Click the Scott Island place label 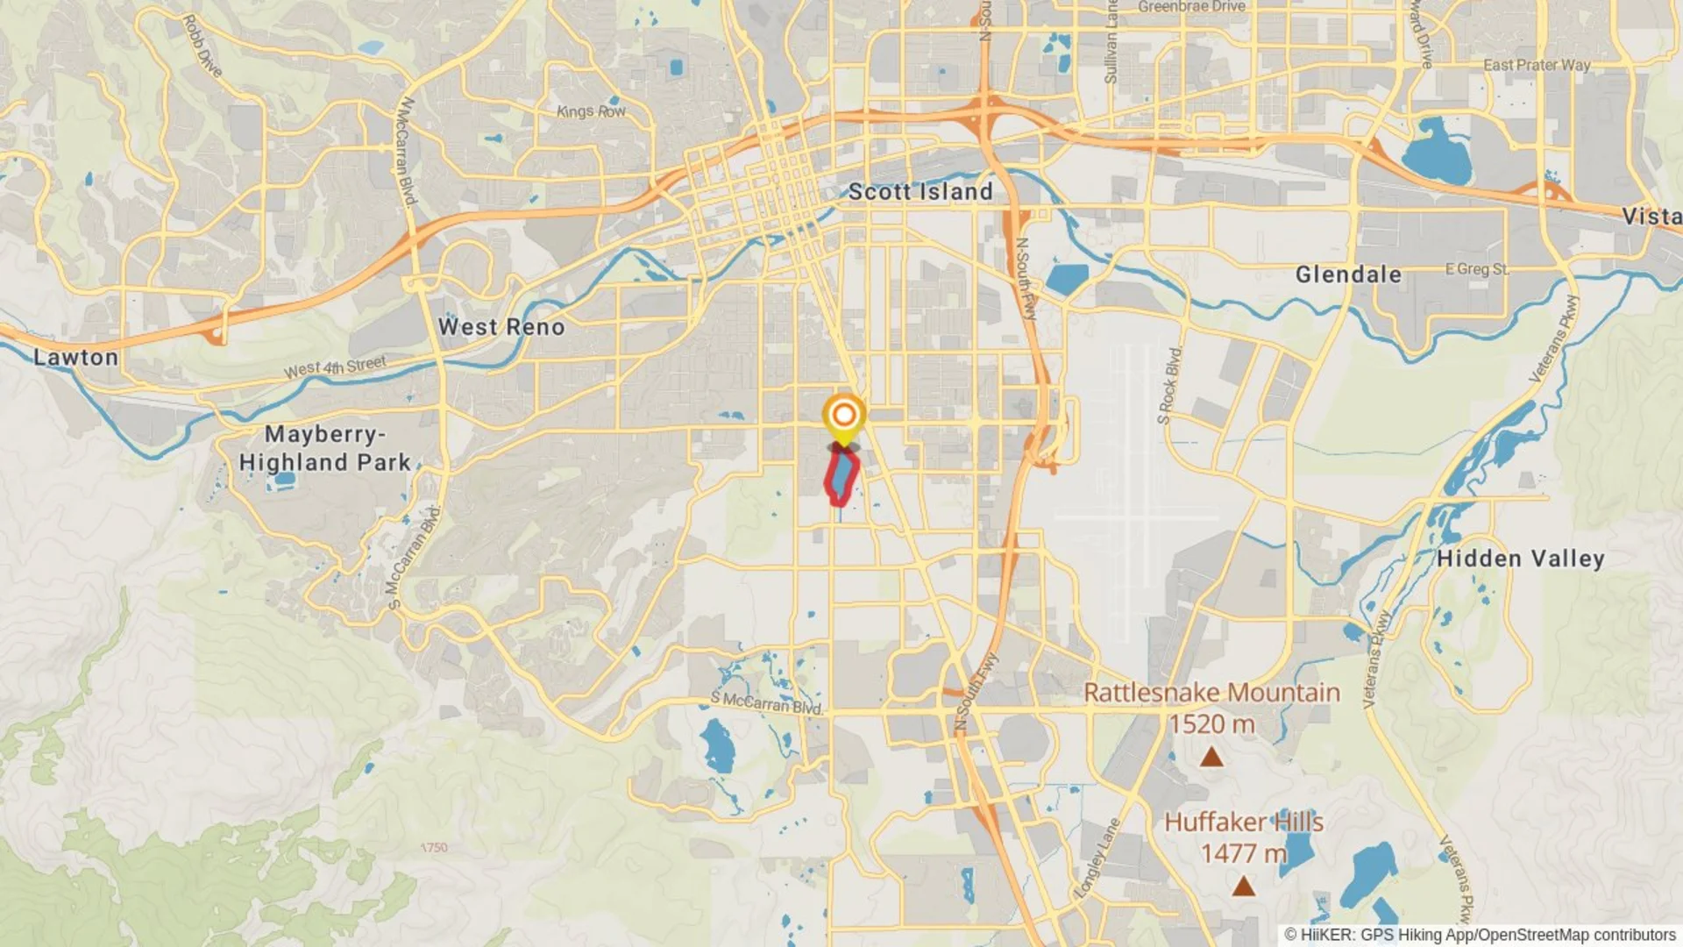click(920, 192)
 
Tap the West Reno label click(501, 327)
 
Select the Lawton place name click(75, 358)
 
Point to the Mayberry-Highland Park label click(325, 448)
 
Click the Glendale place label click(1348, 274)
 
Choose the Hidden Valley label click(1520, 559)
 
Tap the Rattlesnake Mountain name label click(1211, 693)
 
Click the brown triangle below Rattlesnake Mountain click(1211, 757)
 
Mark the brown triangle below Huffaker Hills click(1243, 887)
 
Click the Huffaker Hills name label click(1243, 822)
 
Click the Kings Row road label click(591, 111)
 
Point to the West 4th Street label click(335, 367)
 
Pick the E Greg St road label click(1477, 269)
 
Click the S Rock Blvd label click(1169, 386)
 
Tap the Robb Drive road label click(202, 45)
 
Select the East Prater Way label click(1536, 65)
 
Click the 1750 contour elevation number click(434, 848)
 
